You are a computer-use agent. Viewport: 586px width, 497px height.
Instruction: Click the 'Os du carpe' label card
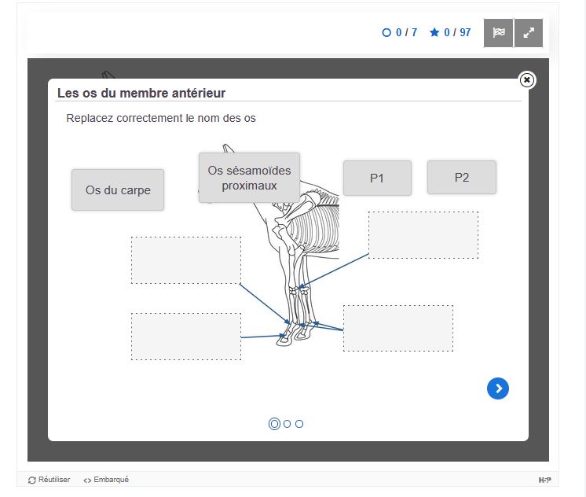[x=118, y=190]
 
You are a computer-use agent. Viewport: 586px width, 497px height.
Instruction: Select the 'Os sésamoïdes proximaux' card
[x=249, y=178]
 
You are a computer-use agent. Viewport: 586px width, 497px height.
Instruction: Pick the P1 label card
[x=377, y=179]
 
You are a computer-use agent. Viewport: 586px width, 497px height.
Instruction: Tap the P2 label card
[x=462, y=178]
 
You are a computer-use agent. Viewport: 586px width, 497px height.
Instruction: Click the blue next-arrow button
[x=498, y=388]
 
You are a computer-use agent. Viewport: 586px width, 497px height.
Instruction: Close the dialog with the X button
[x=527, y=80]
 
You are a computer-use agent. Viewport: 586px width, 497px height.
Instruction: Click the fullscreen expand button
[x=529, y=33]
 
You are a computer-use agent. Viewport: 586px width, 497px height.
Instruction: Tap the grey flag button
[x=499, y=33]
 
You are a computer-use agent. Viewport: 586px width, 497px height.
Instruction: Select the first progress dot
[x=274, y=424]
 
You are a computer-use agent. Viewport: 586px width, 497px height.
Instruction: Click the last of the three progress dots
[x=299, y=424]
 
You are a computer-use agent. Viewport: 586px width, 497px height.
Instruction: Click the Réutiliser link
[x=49, y=480]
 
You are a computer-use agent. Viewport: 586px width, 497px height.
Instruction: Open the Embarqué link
[x=106, y=480]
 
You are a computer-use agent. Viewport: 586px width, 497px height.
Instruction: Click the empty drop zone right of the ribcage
[x=423, y=235]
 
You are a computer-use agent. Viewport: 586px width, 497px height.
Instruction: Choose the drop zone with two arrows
[x=398, y=328]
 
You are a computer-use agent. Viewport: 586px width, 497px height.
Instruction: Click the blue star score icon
[x=434, y=32]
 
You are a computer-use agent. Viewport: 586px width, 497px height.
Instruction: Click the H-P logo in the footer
[x=544, y=480]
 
